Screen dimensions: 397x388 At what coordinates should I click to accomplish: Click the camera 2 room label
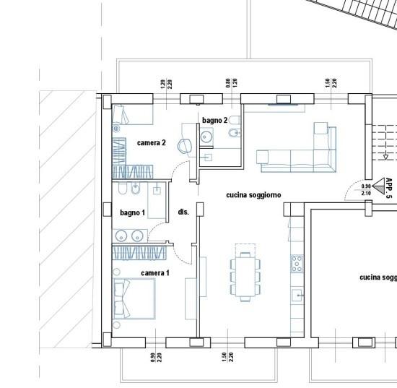[152, 143]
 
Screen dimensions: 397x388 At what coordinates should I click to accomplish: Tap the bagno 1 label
[132, 212]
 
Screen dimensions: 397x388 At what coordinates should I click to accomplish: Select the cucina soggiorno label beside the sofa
[253, 195]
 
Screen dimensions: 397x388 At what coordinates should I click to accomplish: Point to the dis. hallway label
[183, 212]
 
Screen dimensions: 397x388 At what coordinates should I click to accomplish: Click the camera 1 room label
[155, 273]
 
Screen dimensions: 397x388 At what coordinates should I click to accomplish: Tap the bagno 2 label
[214, 120]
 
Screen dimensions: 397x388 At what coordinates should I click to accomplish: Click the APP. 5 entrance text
[389, 188]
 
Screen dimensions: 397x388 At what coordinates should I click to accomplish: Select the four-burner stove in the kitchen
[297, 264]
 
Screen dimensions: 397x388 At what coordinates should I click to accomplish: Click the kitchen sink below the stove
[297, 296]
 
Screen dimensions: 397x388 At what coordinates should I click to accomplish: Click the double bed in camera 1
[134, 298]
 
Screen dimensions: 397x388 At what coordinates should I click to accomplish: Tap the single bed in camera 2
[133, 114]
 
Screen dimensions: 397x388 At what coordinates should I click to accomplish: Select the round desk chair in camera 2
[185, 146]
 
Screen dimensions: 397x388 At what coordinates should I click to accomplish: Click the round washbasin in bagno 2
[207, 137]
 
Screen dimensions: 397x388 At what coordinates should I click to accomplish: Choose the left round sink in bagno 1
[121, 236]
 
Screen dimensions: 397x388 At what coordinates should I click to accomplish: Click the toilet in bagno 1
[122, 189]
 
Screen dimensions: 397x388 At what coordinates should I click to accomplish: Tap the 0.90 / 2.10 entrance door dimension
[366, 189]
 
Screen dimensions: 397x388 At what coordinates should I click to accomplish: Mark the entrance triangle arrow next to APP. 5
[379, 186]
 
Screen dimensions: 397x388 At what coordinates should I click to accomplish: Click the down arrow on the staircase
[385, 158]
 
